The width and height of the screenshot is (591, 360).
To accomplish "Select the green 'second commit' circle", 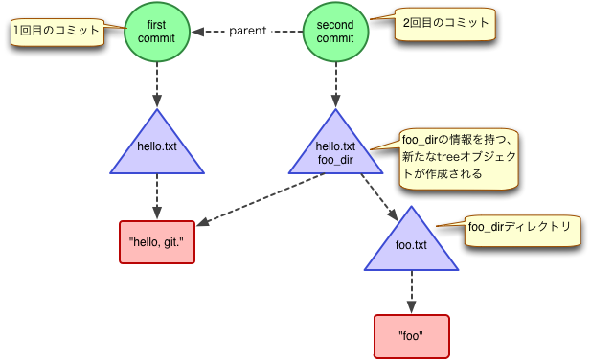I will click(x=335, y=31).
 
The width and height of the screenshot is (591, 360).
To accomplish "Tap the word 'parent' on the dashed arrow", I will click(x=247, y=31).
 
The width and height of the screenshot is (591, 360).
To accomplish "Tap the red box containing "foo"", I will click(x=411, y=336).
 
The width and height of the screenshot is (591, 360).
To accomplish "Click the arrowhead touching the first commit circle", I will click(x=197, y=31).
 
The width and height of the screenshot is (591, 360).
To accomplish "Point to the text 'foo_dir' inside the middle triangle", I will click(x=335, y=159).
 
